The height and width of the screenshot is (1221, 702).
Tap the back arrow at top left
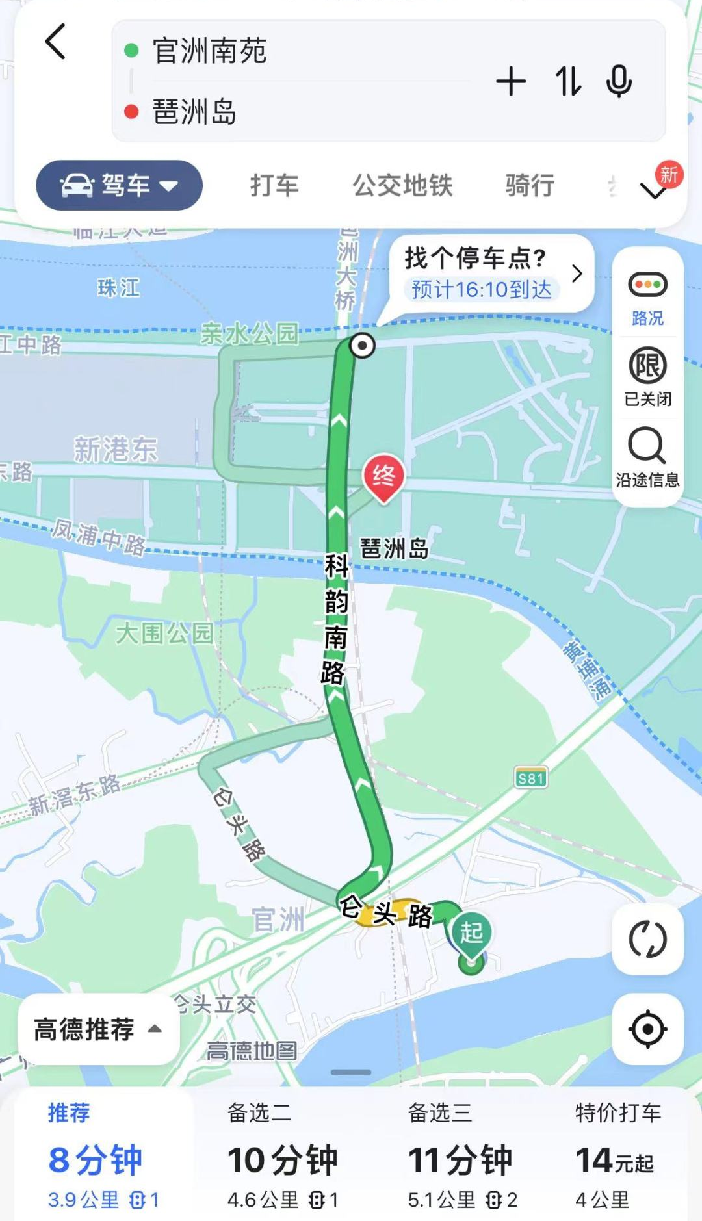[56, 42]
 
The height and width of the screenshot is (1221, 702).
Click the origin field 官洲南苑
[209, 51]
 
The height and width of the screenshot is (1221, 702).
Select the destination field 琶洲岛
[194, 112]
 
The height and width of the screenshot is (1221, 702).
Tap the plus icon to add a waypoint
[511, 82]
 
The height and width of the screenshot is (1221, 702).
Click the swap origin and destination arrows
[567, 82]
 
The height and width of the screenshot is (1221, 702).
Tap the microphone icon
[619, 82]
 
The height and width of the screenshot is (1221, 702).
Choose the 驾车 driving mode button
[119, 186]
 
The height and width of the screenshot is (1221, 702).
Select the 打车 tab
[274, 186]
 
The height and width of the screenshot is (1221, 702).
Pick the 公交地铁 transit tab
[402, 186]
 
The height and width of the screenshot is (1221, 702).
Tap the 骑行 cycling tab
[530, 186]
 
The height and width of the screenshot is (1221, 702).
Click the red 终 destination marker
[383, 476]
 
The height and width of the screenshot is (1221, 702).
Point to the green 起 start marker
[472, 934]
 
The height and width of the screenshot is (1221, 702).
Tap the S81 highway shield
[530, 778]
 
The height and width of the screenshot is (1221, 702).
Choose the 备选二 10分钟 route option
[283, 1157]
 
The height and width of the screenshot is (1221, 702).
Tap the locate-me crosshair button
[647, 1029]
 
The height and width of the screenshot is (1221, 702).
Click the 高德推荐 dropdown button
[98, 1029]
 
